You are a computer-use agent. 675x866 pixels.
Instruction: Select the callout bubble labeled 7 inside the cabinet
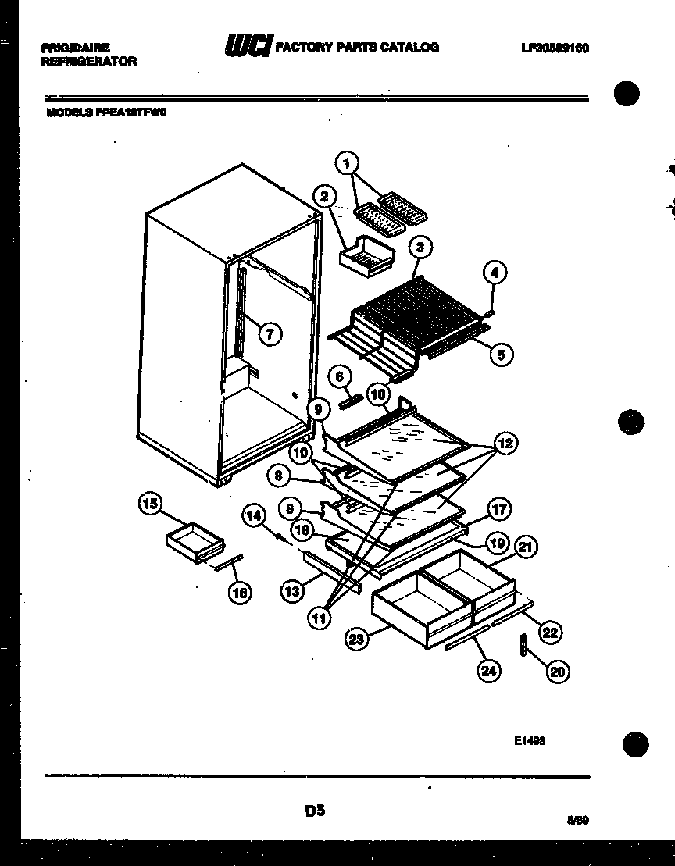(x=269, y=334)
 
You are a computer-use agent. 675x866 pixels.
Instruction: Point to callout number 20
(x=558, y=671)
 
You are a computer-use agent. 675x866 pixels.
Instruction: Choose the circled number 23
(x=356, y=640)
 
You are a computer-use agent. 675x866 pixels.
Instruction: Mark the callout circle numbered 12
(x=505, y=444)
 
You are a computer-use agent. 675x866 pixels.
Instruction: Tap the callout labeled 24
(x=489, y=671)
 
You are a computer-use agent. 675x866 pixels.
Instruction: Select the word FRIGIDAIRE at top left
(x=76, y=48)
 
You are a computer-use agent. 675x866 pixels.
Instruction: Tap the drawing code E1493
(x=530, y=741)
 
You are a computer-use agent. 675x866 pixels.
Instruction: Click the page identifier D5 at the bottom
(x=315, y=811)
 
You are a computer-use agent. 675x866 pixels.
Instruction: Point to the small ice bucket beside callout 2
(x=366, y=255)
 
